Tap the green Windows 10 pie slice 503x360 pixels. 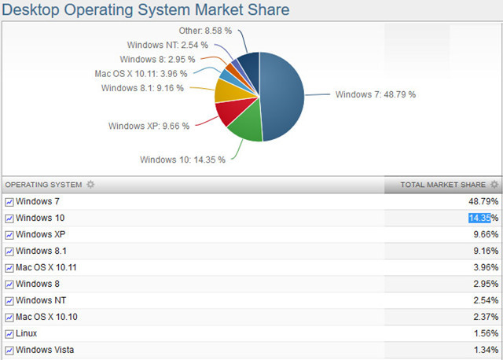point(245,127)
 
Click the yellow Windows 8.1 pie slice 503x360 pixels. point(226,93)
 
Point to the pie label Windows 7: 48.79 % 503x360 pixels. point(375,94)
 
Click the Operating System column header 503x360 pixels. point(44,185)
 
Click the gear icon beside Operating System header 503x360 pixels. point(90,185)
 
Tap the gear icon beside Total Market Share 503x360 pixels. point(494,185)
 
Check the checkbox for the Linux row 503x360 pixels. point(9,334)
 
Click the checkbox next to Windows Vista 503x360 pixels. point(9,351)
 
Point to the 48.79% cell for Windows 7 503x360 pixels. point(483,201)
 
